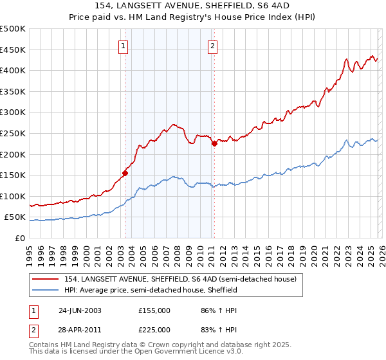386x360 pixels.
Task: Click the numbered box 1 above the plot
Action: [x=122, y=46]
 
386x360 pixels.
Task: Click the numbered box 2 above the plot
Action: [x=212, y=46]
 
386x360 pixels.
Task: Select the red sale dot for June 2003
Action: [x=125, y=172]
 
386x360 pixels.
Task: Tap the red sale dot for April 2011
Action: [x=215, y=143]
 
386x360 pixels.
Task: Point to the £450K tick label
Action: [x=13, y=50]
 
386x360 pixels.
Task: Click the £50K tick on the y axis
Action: [x=15, y=217]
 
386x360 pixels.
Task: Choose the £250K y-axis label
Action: [x=13, y=133]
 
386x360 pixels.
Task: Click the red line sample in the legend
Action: [x=46, y=279]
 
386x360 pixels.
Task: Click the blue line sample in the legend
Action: [x=46, y=290]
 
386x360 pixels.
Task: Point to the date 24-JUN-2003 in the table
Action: [x=80, y=310]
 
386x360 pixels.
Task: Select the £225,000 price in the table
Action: [x=154, y=328]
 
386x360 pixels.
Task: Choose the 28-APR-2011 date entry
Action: [x=80, y=328]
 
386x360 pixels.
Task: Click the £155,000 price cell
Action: [x=154, y=310]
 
